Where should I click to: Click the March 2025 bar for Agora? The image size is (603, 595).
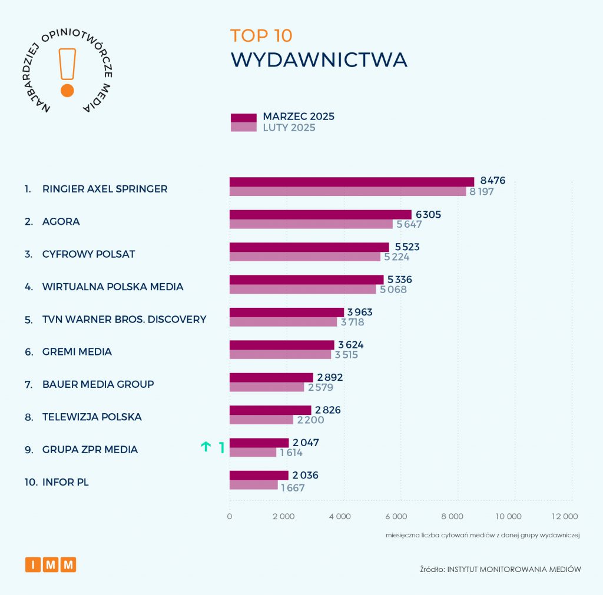point(320,215)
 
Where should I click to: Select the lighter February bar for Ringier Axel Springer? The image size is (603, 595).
point(347,191)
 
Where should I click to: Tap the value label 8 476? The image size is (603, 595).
point(493,181)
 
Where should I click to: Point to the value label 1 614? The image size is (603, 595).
point(292,453)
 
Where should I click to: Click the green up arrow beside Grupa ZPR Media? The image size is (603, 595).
point(206,447)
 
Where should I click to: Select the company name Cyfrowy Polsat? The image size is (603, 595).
point(88,254)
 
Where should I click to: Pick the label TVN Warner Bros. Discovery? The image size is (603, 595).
point(124,320)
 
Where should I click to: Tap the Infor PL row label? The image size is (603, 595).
point(65,483)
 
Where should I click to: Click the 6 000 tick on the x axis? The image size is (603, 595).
point(396,517)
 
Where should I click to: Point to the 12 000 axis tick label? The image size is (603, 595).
point(564,517)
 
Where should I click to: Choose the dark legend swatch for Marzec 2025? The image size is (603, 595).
point(243,118)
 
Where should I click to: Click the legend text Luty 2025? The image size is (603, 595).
point(289,128)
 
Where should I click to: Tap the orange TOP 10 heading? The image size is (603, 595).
point(261,35)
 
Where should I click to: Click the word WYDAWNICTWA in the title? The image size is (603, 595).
point(319,60)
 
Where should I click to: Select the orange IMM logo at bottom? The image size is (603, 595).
point(51,565)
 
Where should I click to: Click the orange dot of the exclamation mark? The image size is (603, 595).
point(67,91)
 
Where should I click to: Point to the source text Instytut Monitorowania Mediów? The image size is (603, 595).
point(514,569)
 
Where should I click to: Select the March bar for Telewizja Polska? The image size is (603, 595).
point(270,410)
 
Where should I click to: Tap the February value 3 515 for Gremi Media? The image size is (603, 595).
point(346,355)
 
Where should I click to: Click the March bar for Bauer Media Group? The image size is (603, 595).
point(271,377)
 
